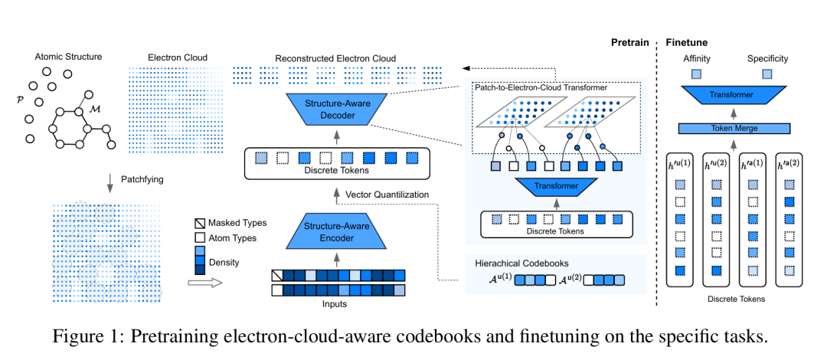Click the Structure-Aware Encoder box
point(335,232)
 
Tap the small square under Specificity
point(767,74)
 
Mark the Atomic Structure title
point(68,57)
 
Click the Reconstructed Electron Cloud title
point(336,57)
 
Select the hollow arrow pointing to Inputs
point(204,282)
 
